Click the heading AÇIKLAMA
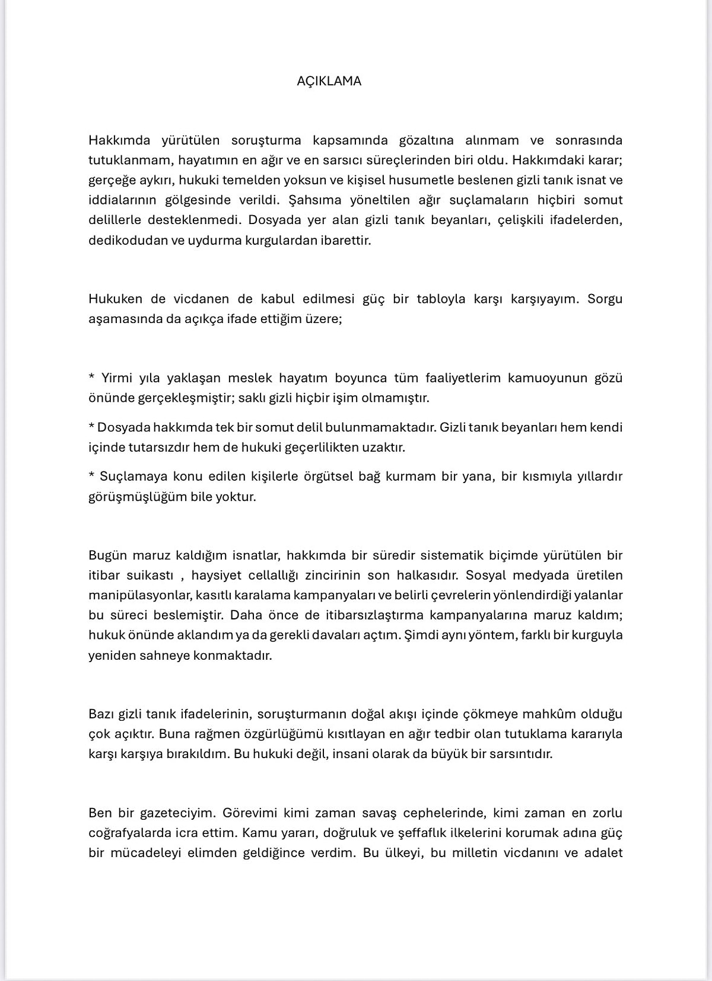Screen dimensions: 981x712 [329, 81]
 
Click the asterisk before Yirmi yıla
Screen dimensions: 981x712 [91, 378]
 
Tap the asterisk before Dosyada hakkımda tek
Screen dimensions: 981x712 [91, 427]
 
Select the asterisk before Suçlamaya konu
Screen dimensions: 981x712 [91, 477]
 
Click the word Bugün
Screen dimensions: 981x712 [107, 555]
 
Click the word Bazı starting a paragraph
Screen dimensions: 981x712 [101, 714]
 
